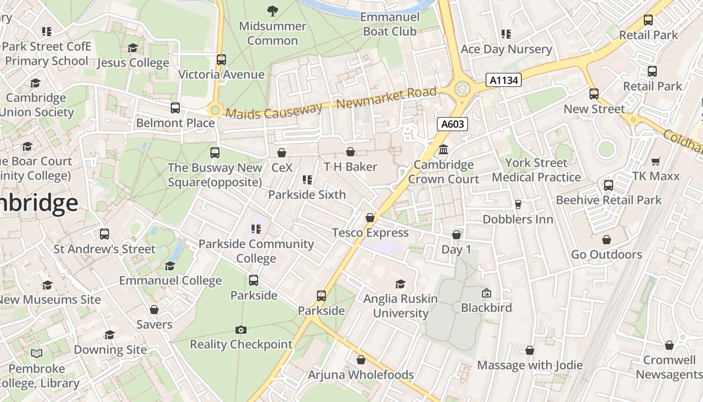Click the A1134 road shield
pos(504,80)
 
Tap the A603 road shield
pos(452,124)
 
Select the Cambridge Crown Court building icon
pos(443,150)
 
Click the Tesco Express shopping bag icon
pos(370,218)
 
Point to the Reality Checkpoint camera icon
pos(241,330)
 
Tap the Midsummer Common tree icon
pos(273,10)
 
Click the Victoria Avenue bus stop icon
pos(221,60)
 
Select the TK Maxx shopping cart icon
pos(655,161)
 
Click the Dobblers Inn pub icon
pos(518,205)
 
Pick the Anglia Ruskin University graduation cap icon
pos(400,284)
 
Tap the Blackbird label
pos(487,307)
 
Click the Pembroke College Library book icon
pos(37,354)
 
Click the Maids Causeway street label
pos(274,110)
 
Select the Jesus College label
pos(133,63)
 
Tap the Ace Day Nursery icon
pos(506,34)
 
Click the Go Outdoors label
pos(607,254)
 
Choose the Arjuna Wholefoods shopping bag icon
pos(361,360)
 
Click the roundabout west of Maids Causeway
pos(215,110)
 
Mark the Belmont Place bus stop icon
pos(175,108)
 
